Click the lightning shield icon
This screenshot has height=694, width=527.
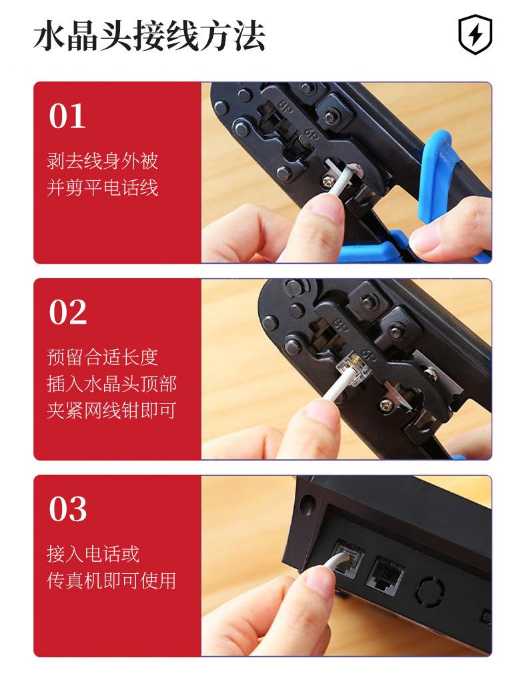[x=475, y=35]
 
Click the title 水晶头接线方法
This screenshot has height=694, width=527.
[x=149, y=36]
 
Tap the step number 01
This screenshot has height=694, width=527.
[x=67, y=116]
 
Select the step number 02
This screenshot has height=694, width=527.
[x=67, y=312]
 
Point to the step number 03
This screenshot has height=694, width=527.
[x=67, y=509]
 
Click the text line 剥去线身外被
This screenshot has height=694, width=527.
[x=102, y=161]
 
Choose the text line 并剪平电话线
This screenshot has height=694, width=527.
[x=102, y=188]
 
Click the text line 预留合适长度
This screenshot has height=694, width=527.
[x=102, y=357]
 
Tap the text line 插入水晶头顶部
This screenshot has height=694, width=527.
[x=111, y=384]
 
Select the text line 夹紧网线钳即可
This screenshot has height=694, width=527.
[x=111, y=410]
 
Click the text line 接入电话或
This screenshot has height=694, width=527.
[x=93, y=554]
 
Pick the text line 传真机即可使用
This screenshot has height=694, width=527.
[x=111, y=581]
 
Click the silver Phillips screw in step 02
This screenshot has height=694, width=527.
[x=385, y=404]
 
